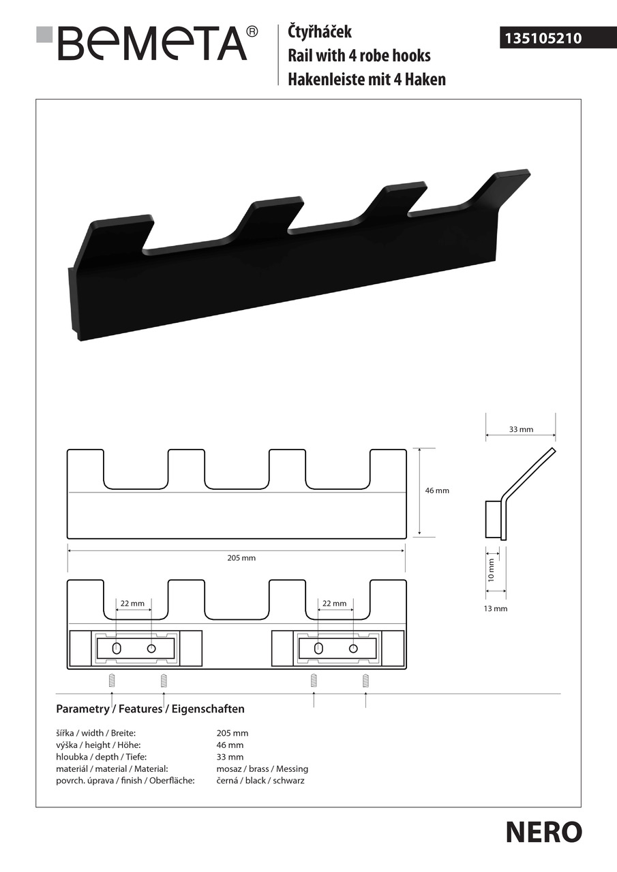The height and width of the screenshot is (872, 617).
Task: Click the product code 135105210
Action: (x=543, y=38)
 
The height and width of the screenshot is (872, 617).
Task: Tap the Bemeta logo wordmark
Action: (x=152, y=43)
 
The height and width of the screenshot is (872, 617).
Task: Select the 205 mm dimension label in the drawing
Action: (x=241, y=558)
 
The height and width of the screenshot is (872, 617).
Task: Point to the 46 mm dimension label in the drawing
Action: (x=437, y=490)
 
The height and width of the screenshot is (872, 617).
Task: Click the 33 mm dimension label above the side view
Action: (x=521, y=429)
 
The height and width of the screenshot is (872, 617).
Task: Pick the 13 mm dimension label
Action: (x=496, y=608)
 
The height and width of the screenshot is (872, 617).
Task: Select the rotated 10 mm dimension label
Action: (x=491, y=570)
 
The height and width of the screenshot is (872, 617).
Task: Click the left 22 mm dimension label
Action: (x=132, y=604)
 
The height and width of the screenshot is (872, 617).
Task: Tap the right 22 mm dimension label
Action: (x=334, y=604)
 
